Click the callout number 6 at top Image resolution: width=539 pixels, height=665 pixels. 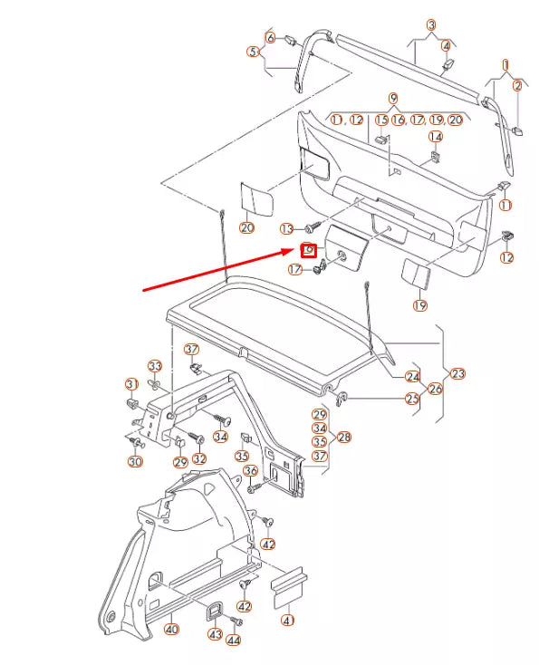click(x=269, y=37)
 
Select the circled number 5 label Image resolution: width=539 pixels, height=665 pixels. click(x=253, y=52)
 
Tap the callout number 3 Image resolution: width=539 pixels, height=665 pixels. click(x=431, y=25)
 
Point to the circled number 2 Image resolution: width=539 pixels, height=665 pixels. click(x=518, y=86)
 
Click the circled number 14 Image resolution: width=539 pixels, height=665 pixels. click(x=436, y=137)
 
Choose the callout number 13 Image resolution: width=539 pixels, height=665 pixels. click(x=286, y=228)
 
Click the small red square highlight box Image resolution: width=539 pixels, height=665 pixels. click(x=308, y=250)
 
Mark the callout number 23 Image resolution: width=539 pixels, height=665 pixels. click(x=457, y=372)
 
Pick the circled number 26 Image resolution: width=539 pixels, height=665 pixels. click(x=435, y=390)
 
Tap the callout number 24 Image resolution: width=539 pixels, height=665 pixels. click(x=412, y=376)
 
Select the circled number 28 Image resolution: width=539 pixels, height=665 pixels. click(x=343, y=437)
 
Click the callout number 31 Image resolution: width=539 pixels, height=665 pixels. click(x=131, y=383)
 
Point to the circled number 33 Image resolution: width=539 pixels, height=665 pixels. click(x=155, y=367)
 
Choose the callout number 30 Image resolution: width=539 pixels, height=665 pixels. click(x=136, y=461)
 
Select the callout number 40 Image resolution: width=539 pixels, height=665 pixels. click(x=172, y=630)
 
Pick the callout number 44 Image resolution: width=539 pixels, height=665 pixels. click(x=234, y=641)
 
